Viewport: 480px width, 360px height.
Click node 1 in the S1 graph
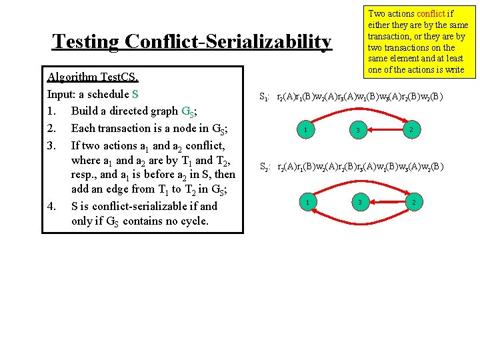click(x=305, y=129)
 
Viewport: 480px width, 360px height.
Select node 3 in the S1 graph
click(x=358, y=130)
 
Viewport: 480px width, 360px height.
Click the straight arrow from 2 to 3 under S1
click(x=385, y=129)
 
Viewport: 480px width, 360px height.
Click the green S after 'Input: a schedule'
click(x=135, y=93)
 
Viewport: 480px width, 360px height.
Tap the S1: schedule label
click(x=265, y=98)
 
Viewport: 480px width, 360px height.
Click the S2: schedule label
click(x=265, y=168)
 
